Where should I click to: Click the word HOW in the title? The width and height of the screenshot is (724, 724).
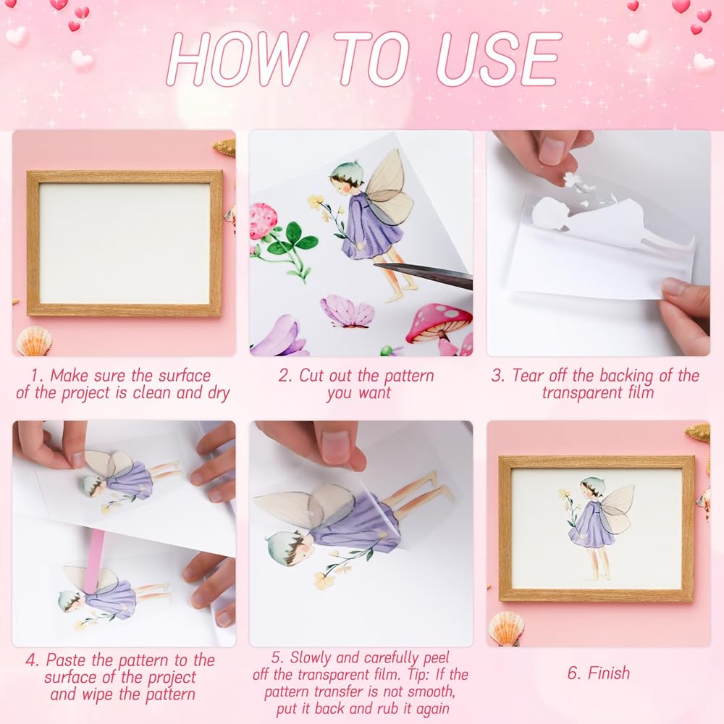[x=237, y=59]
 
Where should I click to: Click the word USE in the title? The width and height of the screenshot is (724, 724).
[x=499, y=59]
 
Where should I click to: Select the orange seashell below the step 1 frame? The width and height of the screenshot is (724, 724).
[x=34, y=341]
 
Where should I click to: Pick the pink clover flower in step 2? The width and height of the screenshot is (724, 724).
[x=264, y=221]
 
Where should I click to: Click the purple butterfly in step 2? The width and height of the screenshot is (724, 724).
[x=348, y=311]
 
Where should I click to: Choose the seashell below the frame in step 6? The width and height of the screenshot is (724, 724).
[x=506, y=628]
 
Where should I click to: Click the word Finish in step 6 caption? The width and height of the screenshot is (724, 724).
[x=608, y=673]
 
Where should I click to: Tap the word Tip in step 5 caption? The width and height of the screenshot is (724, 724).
[x=418, y=675]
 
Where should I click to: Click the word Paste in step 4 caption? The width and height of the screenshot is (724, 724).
[x=67, y=660]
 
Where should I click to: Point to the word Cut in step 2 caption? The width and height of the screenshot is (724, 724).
[x=311, y=375]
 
